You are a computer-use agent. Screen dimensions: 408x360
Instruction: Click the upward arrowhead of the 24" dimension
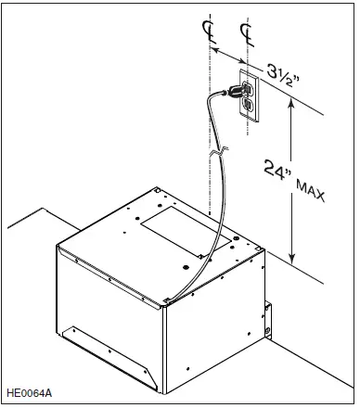[293, 105]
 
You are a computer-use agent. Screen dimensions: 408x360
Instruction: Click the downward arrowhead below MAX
[293, 260]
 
